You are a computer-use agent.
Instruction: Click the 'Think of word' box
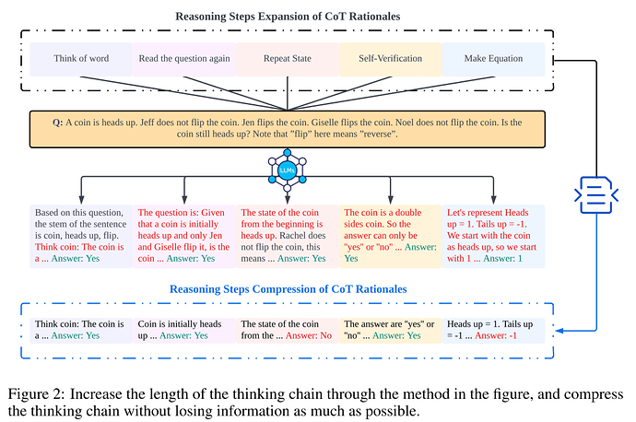[x=81, y=59]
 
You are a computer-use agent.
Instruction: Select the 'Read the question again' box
[x=184, y=59]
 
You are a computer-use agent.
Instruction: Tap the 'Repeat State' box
[x=288, y=59]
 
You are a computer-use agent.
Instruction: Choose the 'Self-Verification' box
[x=390, y=59]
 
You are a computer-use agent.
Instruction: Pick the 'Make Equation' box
[x=493, y=59]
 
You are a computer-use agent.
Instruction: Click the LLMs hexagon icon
[x=288, y=170]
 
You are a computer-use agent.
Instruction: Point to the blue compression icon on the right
[x=596, y=194]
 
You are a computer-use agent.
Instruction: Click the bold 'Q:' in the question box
[x=57, y=123]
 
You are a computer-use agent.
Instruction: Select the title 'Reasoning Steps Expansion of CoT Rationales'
[x=288, y=17]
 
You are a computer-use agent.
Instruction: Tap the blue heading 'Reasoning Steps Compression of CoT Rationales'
[x=288, y=289]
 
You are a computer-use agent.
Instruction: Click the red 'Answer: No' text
[x=309, y=335]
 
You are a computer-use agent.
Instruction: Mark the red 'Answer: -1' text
[x=496, y=335]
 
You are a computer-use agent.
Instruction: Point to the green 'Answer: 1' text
[x=502, y=259]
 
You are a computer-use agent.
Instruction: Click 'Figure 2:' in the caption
[x=36, y=394]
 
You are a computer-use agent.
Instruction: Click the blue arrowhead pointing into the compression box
[x=559, y=331]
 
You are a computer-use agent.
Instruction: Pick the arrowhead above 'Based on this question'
[x=81, y=200]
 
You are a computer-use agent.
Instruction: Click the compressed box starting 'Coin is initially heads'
[x=184, y=330]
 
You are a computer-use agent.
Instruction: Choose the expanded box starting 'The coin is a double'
[x=390, y=236]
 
